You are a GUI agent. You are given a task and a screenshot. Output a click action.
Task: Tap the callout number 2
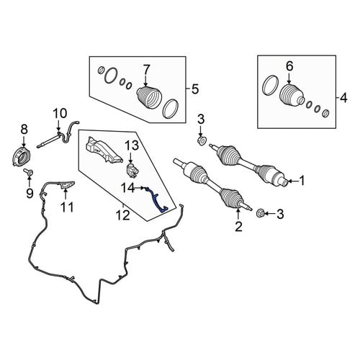[x=238, y=226]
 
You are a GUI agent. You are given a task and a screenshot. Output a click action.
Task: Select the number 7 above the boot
[x=146, y=71]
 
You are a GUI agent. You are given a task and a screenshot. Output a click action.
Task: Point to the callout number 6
[x=289, y=66]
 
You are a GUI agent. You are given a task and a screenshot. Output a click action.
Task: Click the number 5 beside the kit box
[x=195, y=89]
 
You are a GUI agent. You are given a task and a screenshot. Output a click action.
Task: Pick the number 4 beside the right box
[x=344, y=98]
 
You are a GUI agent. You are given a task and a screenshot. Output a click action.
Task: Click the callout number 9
[x=30, y=193]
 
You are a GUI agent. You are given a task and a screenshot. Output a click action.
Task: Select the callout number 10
[x=60, y=114]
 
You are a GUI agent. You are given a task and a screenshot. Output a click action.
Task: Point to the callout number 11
[x=67, y=207]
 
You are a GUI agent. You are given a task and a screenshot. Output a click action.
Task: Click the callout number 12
[x=123, y=215]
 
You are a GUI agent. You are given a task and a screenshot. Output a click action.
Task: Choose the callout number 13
[x=132, y=145]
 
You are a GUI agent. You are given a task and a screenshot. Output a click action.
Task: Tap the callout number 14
[x=129, y=188]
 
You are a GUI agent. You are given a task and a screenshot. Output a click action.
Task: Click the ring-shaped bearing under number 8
[x=22, y=156]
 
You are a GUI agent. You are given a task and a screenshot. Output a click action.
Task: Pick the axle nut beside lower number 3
[x=261, y=212]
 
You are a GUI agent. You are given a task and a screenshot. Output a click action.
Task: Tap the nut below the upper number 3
[x=202, y=141]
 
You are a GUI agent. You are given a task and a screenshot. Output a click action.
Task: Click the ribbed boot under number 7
[x=149, y=99]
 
